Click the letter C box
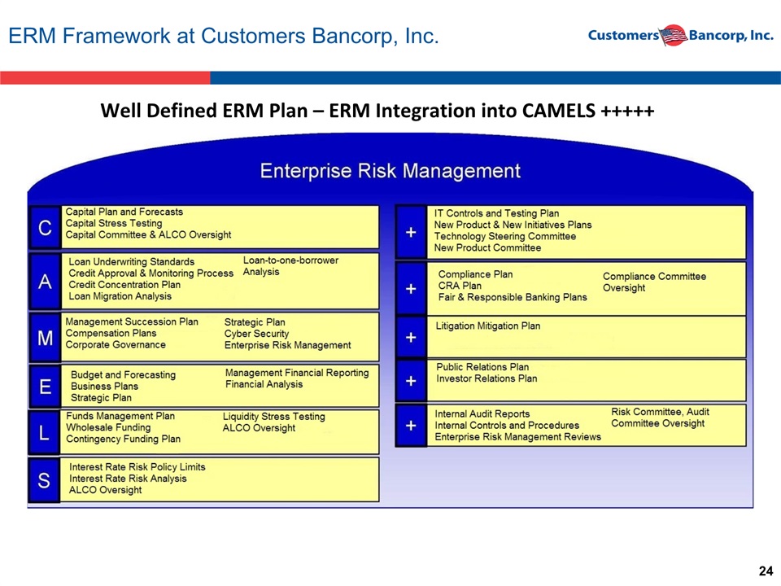click(45, 227)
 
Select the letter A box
click(45, 282)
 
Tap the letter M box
click(45, 338)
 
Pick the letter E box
click(45, 386)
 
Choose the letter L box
click(44, 432)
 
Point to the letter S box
click(44, 480)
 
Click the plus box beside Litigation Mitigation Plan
click(411, 337)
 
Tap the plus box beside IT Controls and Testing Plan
click(411, 232)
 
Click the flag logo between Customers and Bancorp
click(674, 35)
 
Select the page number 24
click(766, 571)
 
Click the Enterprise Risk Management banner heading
click(390, 171)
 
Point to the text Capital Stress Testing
click(114, 223)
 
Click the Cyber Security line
click(256, 334)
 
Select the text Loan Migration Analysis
click(120, 296)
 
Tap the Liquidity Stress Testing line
click(274, 416)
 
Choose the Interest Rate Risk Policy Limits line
click(137, 467)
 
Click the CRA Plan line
click(460, 286)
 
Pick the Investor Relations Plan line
click(486, 378)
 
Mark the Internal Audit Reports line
click(482, 413)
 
